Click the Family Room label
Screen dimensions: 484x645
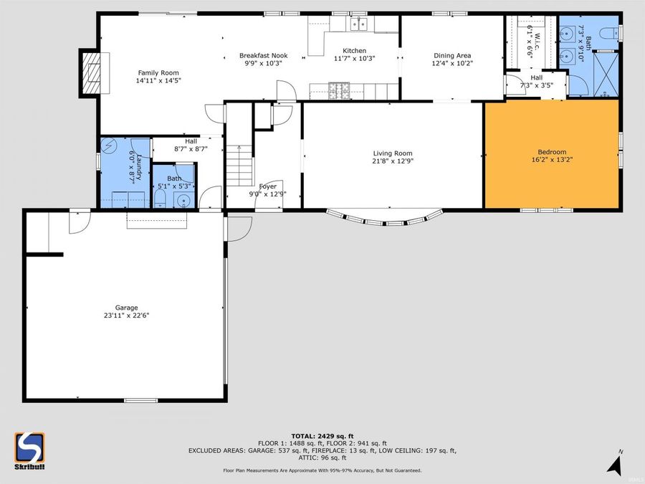(x=158, y=72)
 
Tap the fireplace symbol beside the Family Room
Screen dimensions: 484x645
(x=91, y=72)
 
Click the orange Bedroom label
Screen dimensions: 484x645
(x=552, y=152)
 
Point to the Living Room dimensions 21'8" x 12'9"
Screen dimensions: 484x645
(x=392, y=161)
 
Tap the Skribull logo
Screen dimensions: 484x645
(x=29, y=450)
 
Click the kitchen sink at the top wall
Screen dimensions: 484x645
(x=358, y=25)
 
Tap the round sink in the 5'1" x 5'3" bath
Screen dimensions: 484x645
(x=184, y=201)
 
